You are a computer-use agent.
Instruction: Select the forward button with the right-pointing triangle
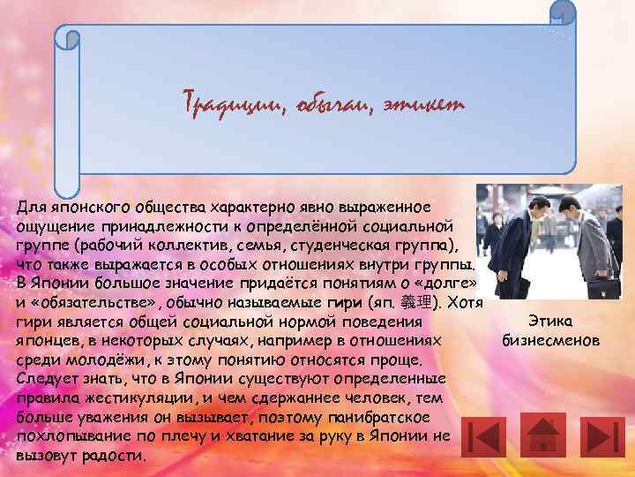pyautogui.click(x=605, y=435)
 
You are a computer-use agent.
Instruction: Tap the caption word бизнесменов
pyautogui.click(x=550, y=340)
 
